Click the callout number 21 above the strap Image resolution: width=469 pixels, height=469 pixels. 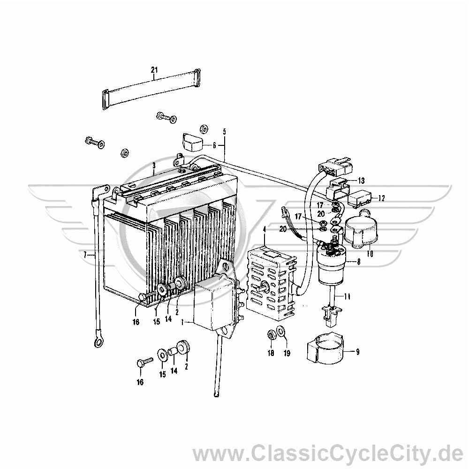pos(154,70)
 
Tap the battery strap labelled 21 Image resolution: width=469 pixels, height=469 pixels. pos(151,89)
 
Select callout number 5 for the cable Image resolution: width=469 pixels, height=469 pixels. pos(224,132)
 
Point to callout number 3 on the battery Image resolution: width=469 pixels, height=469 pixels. pos(154,166)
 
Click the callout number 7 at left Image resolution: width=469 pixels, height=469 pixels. pos(85,255)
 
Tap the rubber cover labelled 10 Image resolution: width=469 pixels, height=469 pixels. pos(360,230)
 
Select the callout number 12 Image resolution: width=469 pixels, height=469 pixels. pos(381,198)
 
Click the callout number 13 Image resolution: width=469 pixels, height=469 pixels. pos(361,181)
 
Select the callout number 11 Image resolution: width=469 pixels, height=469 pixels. pos(347,297)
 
